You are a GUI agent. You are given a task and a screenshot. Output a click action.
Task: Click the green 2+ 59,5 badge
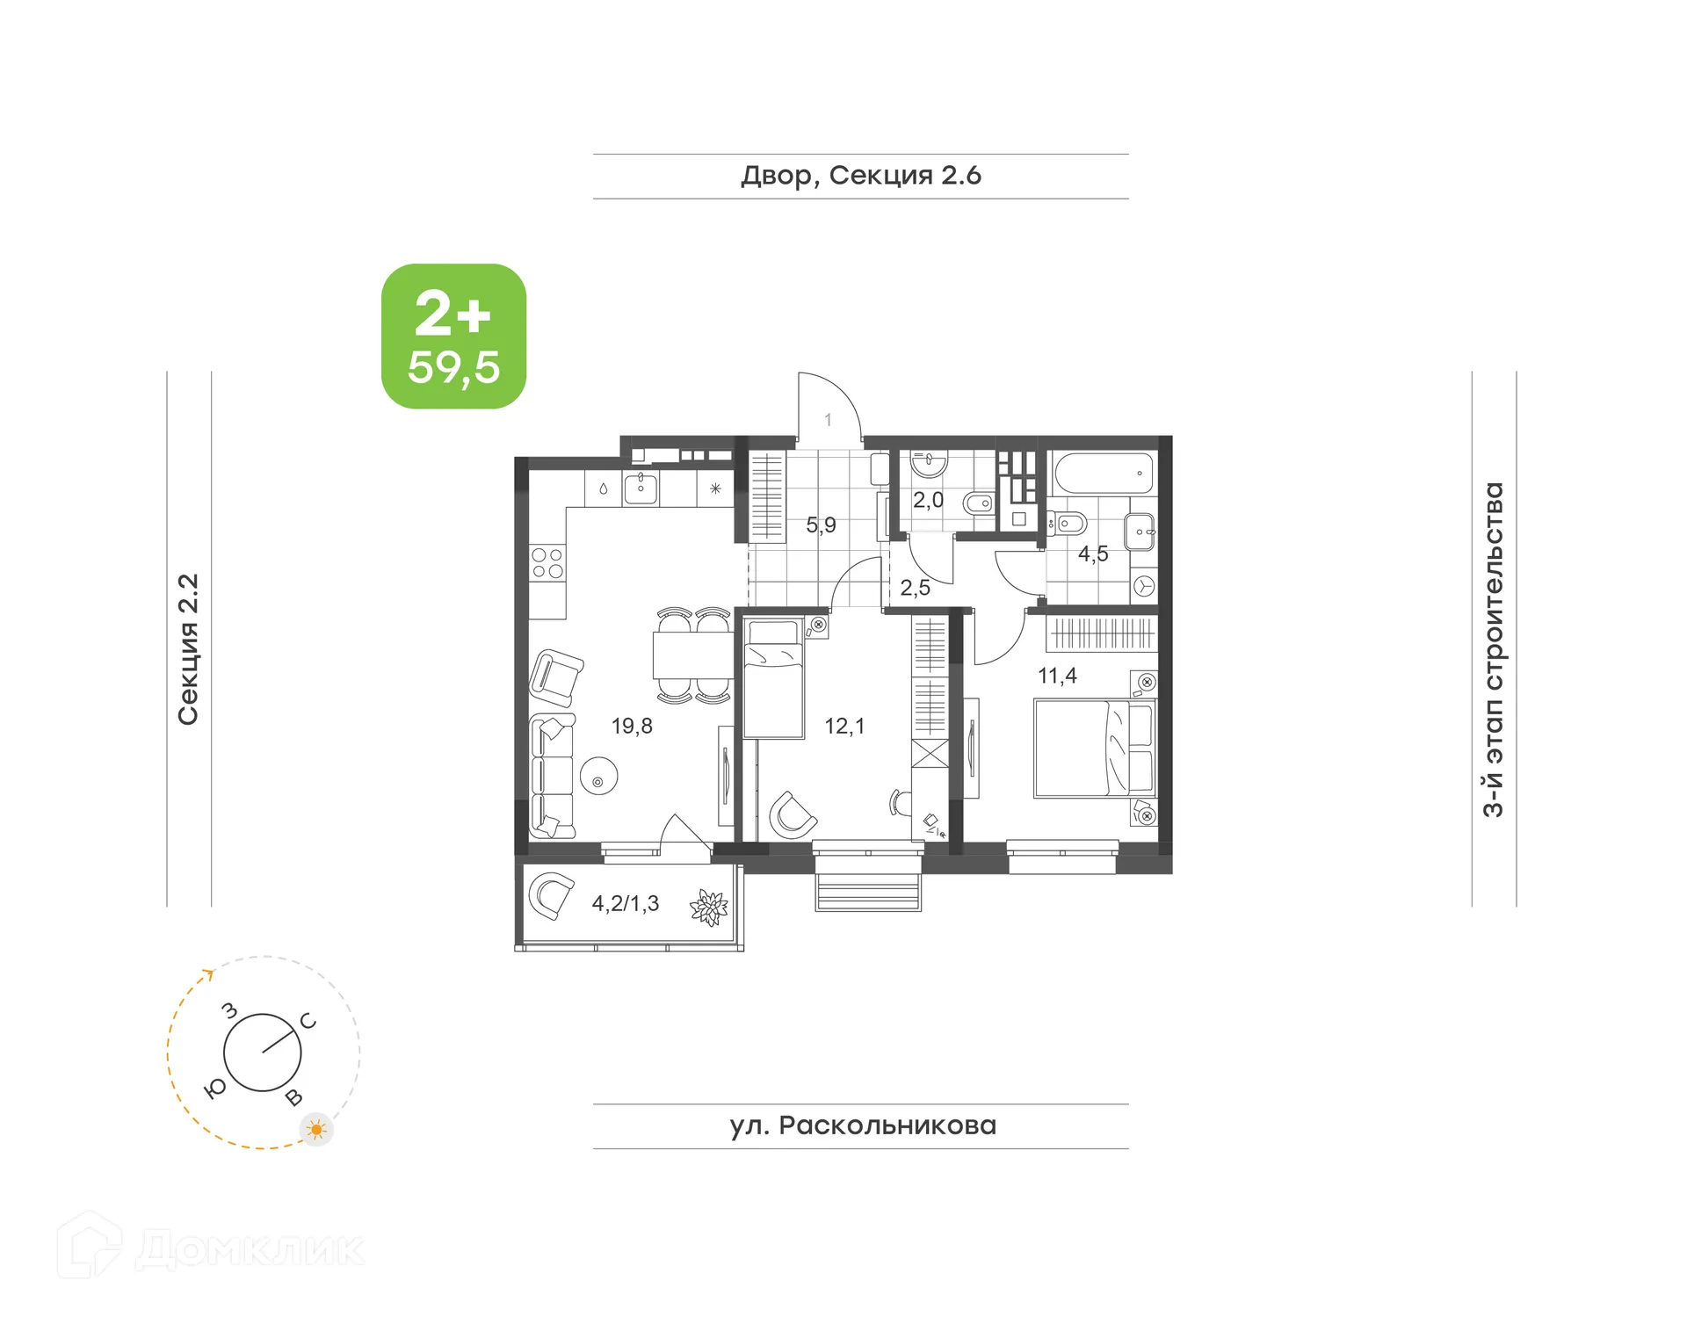453,336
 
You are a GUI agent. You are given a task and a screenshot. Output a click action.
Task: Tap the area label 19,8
632,726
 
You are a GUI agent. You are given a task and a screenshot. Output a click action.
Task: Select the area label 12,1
843,726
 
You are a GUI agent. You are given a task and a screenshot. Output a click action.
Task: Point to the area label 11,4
1057,676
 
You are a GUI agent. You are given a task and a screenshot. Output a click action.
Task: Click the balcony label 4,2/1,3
625,903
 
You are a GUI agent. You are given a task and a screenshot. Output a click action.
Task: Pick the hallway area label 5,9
821,525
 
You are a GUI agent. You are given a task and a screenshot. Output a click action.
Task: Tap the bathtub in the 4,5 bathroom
1104,474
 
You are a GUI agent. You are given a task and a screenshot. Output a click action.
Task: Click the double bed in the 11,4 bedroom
1094,749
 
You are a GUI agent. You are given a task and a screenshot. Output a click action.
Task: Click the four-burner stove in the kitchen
547,563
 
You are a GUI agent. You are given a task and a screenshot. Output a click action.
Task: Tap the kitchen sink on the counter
641,488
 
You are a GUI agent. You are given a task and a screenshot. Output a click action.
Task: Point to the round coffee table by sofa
598,777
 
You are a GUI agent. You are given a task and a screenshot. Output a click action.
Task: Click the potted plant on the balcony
708,908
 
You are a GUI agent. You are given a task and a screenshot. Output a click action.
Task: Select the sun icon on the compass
316,1129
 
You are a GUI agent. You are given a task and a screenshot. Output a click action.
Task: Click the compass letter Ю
214,1089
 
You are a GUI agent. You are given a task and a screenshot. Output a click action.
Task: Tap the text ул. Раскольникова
862,1125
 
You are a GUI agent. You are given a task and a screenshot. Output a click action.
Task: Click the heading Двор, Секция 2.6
860,176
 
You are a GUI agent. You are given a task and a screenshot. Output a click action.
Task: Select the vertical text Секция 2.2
188,649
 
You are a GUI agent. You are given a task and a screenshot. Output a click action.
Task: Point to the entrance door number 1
828,420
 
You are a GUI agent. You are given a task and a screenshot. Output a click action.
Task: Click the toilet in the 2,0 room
978,504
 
